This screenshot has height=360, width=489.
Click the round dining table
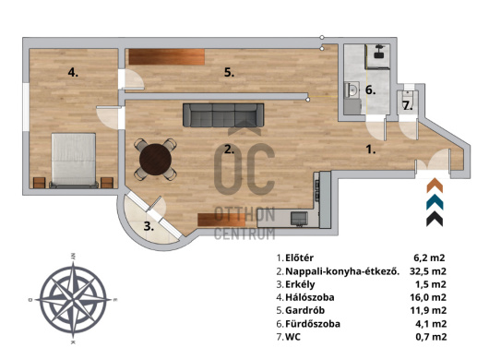(155, 160)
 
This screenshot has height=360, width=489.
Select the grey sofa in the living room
(223, 115)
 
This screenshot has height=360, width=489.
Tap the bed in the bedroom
(73, 161)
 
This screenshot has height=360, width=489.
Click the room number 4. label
(73, 73)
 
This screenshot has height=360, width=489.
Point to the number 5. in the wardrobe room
(229, 73)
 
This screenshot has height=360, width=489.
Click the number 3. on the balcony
(149, 226)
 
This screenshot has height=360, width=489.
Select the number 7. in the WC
(408, 106)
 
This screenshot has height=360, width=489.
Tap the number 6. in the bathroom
(371, 90)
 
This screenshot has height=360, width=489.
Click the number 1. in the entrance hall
(371, 150)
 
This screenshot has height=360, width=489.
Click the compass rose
(73, 299)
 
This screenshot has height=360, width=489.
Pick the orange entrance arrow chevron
(435, 186)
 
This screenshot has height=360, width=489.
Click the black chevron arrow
(435, 219)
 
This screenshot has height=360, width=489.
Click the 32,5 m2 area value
(427, 271)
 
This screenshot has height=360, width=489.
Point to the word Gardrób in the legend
(305, 311)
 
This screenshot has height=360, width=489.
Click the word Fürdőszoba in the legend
(313, 324)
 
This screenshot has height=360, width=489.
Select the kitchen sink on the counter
(299, 218)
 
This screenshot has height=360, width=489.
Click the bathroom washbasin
(352, 90)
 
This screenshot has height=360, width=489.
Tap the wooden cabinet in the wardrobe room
(166, 57)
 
